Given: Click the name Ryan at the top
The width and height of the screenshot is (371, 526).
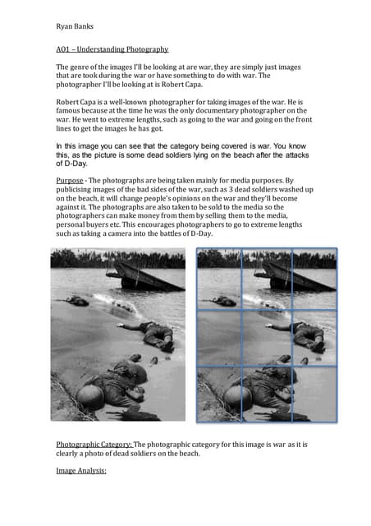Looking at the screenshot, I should click(65, 26).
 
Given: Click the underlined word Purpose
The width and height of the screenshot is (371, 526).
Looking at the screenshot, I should click(71, 178).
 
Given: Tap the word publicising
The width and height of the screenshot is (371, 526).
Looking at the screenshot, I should click(82, 189).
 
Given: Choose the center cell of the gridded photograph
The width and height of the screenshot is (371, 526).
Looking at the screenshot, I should click(267, 337).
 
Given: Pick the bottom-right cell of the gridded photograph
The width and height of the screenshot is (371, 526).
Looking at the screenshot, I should click(314, 394).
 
